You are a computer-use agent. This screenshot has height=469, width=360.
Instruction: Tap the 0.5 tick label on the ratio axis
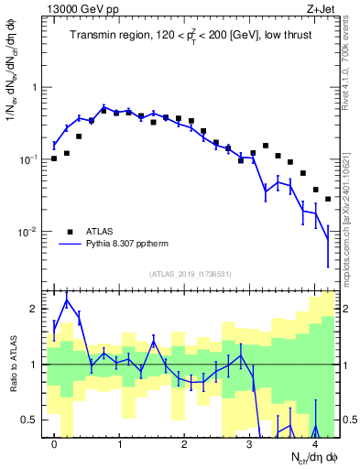click(x=29, y=420)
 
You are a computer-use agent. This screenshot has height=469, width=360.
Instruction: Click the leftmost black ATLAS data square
click(x=55, y=158)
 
